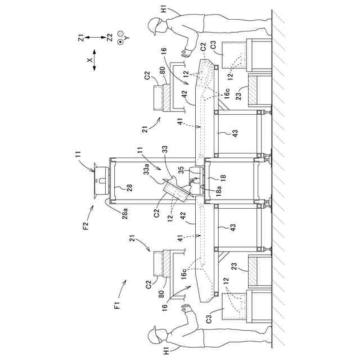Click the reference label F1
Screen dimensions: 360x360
117,306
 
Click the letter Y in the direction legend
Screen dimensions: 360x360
126,38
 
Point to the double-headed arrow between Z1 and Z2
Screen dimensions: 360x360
96,39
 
